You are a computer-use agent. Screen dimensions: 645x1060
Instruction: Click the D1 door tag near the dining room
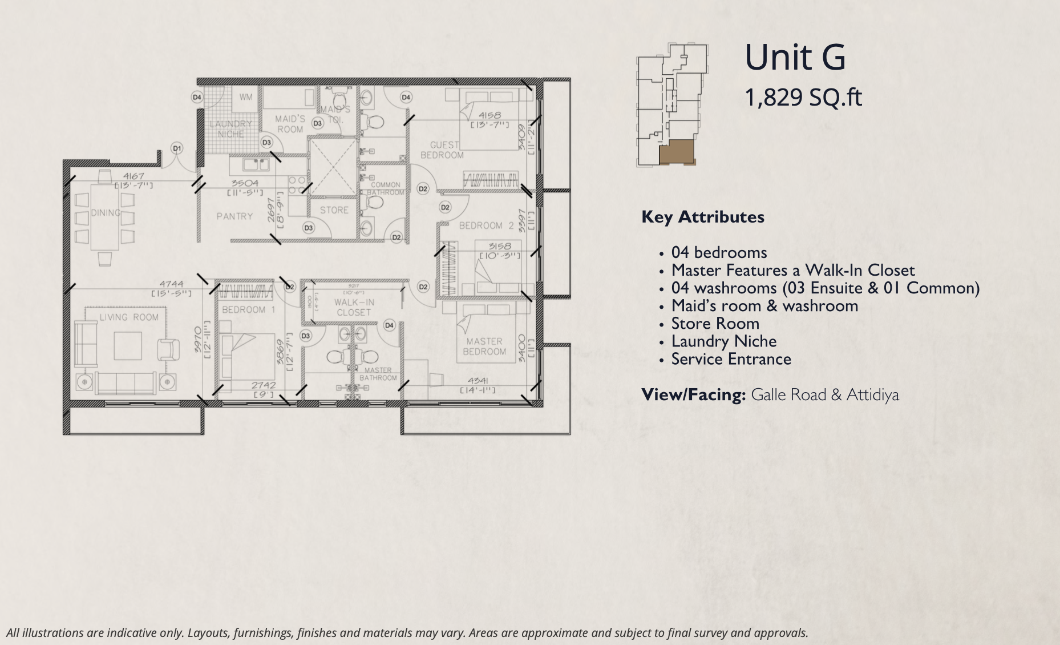177,148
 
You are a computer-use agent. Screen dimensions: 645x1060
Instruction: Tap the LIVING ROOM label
129,317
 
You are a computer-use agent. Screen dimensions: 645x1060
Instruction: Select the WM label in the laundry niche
245,97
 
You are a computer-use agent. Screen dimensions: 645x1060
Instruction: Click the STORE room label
334,210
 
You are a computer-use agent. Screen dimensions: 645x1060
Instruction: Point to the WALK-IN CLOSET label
354,307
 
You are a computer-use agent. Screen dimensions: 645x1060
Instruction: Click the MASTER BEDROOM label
484,346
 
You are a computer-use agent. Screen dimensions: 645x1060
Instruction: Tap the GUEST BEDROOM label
442,150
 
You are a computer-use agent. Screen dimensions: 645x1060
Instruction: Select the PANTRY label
234,216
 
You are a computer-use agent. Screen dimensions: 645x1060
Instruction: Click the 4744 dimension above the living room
171,284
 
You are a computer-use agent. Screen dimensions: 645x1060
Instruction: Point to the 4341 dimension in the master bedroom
478,381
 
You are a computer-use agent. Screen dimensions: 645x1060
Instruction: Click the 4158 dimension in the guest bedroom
489,115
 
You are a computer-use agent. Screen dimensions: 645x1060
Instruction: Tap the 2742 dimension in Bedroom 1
263,385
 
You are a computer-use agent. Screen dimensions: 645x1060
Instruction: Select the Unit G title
795,58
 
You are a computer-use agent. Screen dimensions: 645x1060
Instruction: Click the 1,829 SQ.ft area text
803,98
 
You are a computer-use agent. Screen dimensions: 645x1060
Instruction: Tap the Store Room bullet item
715,324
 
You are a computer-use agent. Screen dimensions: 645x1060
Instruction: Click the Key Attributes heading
703,217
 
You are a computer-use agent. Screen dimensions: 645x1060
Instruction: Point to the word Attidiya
872,395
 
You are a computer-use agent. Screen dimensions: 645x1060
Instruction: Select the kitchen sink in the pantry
256,164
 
